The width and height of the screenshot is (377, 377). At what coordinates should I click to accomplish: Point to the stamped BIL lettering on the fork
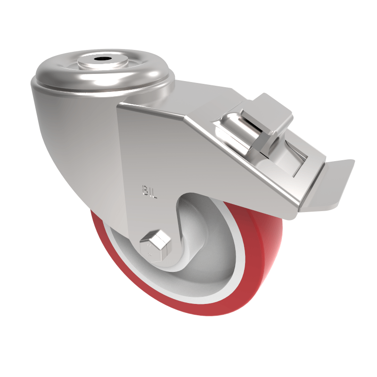pos(149,191)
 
